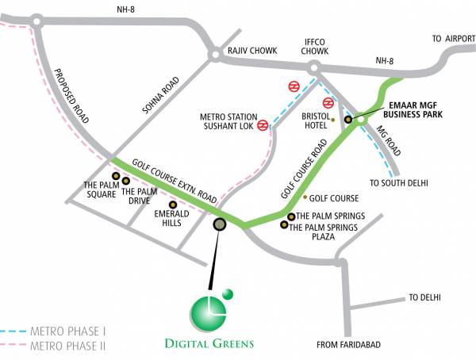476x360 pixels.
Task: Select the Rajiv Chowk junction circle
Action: [214, 54]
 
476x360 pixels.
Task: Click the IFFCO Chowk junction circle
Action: [314, 68]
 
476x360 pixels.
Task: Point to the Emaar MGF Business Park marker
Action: [347, 120]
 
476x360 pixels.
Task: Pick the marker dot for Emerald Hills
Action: [173, 204]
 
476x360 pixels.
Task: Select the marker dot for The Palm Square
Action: [116, 176]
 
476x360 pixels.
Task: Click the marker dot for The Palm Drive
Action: [126, 181]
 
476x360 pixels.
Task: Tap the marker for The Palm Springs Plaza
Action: [284, 225]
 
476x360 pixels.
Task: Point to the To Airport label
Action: [452, 38]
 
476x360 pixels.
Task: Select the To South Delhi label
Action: [398, 183]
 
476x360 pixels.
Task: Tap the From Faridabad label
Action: [348, 344]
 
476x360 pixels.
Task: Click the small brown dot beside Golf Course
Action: [305, 197]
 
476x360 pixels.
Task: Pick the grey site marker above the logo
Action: [220, 224]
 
